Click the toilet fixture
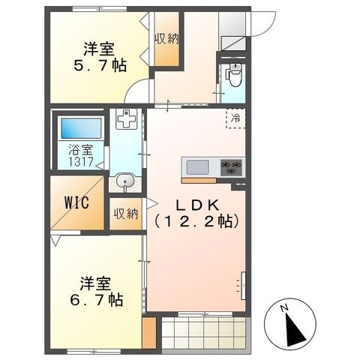(234, 74)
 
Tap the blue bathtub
(81, 128)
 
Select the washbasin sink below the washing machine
(124, 181)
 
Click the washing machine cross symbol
(126, 118)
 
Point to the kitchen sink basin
(197, 167)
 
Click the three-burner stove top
(231, 167)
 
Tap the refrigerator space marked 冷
(235, 118)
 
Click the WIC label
(76, 202)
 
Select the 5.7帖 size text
(100, 65)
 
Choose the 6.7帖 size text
(97, 300)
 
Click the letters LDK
(198, 205)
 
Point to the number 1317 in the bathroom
(81, 162)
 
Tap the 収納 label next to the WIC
(126, 214)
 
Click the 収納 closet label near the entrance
(166, 39)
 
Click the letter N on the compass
(283, 308)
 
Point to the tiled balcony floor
(204, 332)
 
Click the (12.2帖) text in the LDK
(196, 221)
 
